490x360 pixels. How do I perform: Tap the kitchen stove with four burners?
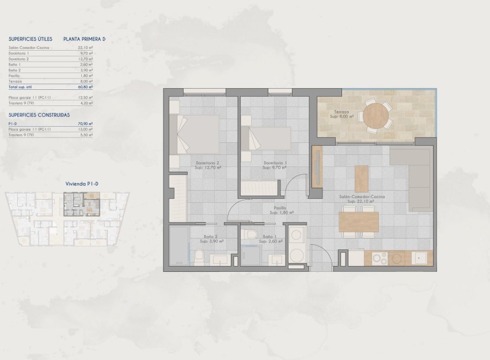coord(380,258)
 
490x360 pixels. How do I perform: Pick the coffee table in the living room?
coord(361,179)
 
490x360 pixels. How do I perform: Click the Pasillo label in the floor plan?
coord(281,209)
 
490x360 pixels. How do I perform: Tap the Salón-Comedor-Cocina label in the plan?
coord(362,197)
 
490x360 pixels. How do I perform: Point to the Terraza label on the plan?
coord(342,112)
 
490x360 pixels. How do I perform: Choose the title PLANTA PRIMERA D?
coord(84,39)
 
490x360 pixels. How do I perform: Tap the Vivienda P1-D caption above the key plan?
coord(82,183)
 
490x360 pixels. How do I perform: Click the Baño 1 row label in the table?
coord(15,65)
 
